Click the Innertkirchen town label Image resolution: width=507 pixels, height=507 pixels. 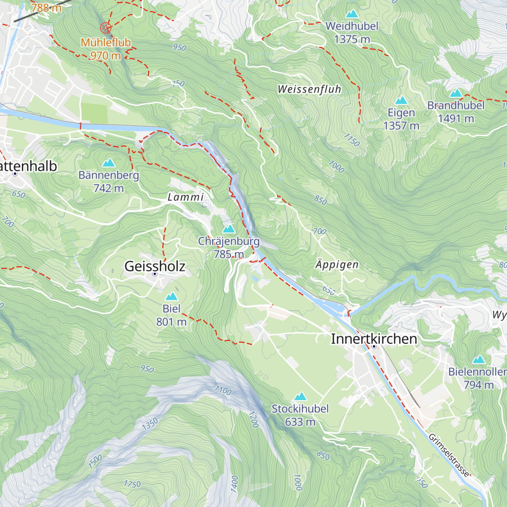tap(374, 339)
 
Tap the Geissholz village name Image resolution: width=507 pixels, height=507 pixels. tap(155, 266)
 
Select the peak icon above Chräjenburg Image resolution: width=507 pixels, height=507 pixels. tap(229, 229)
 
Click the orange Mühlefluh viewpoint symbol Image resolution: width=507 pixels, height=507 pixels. tap(105, 28)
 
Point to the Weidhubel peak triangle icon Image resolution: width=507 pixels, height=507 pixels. tap(352, 14)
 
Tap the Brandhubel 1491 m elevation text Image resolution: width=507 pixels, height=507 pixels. tap(456, 119)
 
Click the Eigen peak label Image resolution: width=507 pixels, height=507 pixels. tap(401, 113)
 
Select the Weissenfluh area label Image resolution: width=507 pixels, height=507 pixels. tap(309, 89)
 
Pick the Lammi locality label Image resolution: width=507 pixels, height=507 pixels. tap(185, 197)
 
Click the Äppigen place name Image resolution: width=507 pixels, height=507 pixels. tap(337, 265)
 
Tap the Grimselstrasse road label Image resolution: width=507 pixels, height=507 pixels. tap(449, 455)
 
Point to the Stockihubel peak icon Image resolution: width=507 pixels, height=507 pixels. tap(300, 396)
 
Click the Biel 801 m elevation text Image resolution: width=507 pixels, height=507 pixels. tap(171, 322)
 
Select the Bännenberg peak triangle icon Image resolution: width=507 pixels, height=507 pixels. tap(109, 163)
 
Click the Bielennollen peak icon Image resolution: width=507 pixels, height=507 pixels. tap(478, 360)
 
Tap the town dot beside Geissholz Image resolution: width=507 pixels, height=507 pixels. tap(155, 274)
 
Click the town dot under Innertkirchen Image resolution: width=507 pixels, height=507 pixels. tap(374, 346)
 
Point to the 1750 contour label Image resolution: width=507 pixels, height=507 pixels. tap(132, 484)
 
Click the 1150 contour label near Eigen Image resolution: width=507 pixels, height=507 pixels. tap(352, 140)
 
